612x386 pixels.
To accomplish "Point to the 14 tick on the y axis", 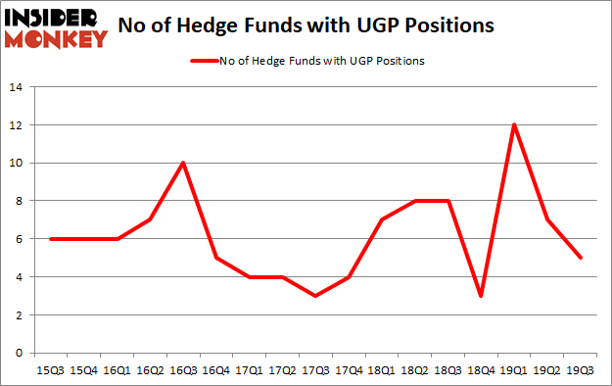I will coord(17,87).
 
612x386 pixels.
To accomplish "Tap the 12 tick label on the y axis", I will coord(17,124).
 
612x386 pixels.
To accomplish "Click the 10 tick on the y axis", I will coord(17,163).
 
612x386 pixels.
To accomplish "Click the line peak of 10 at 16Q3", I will coord(183,163).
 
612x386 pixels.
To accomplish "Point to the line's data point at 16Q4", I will coord(214,258).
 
